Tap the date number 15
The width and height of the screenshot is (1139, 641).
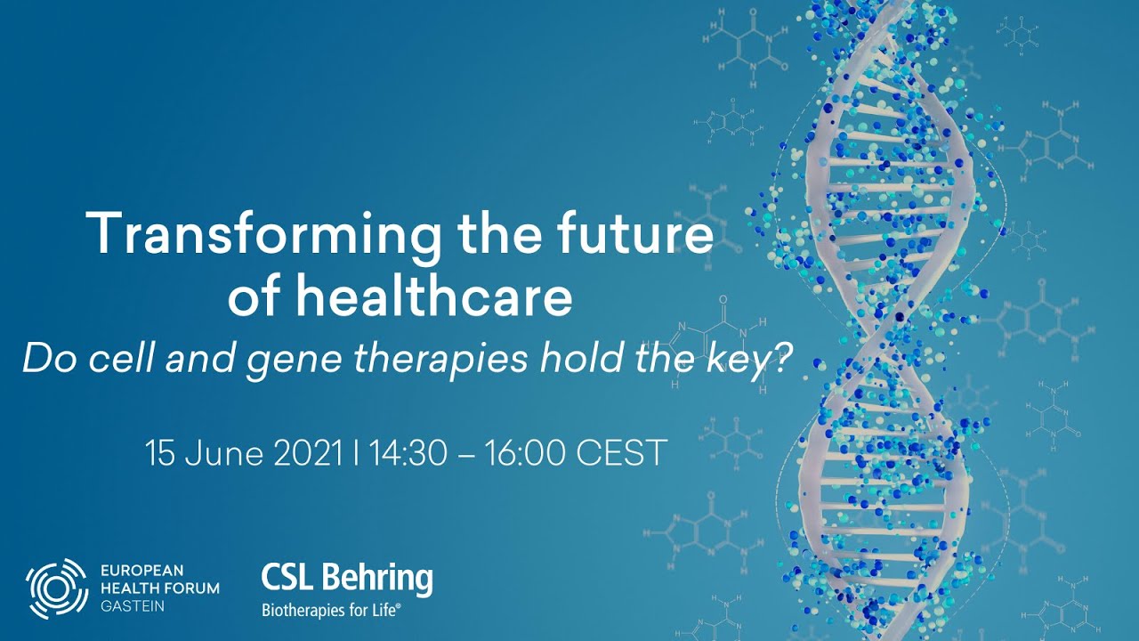point(160,453)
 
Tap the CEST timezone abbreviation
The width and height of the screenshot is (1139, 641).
point(622,453)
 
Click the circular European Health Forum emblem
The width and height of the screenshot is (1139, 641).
point(56,588)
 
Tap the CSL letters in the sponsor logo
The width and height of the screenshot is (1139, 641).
point(288,579)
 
